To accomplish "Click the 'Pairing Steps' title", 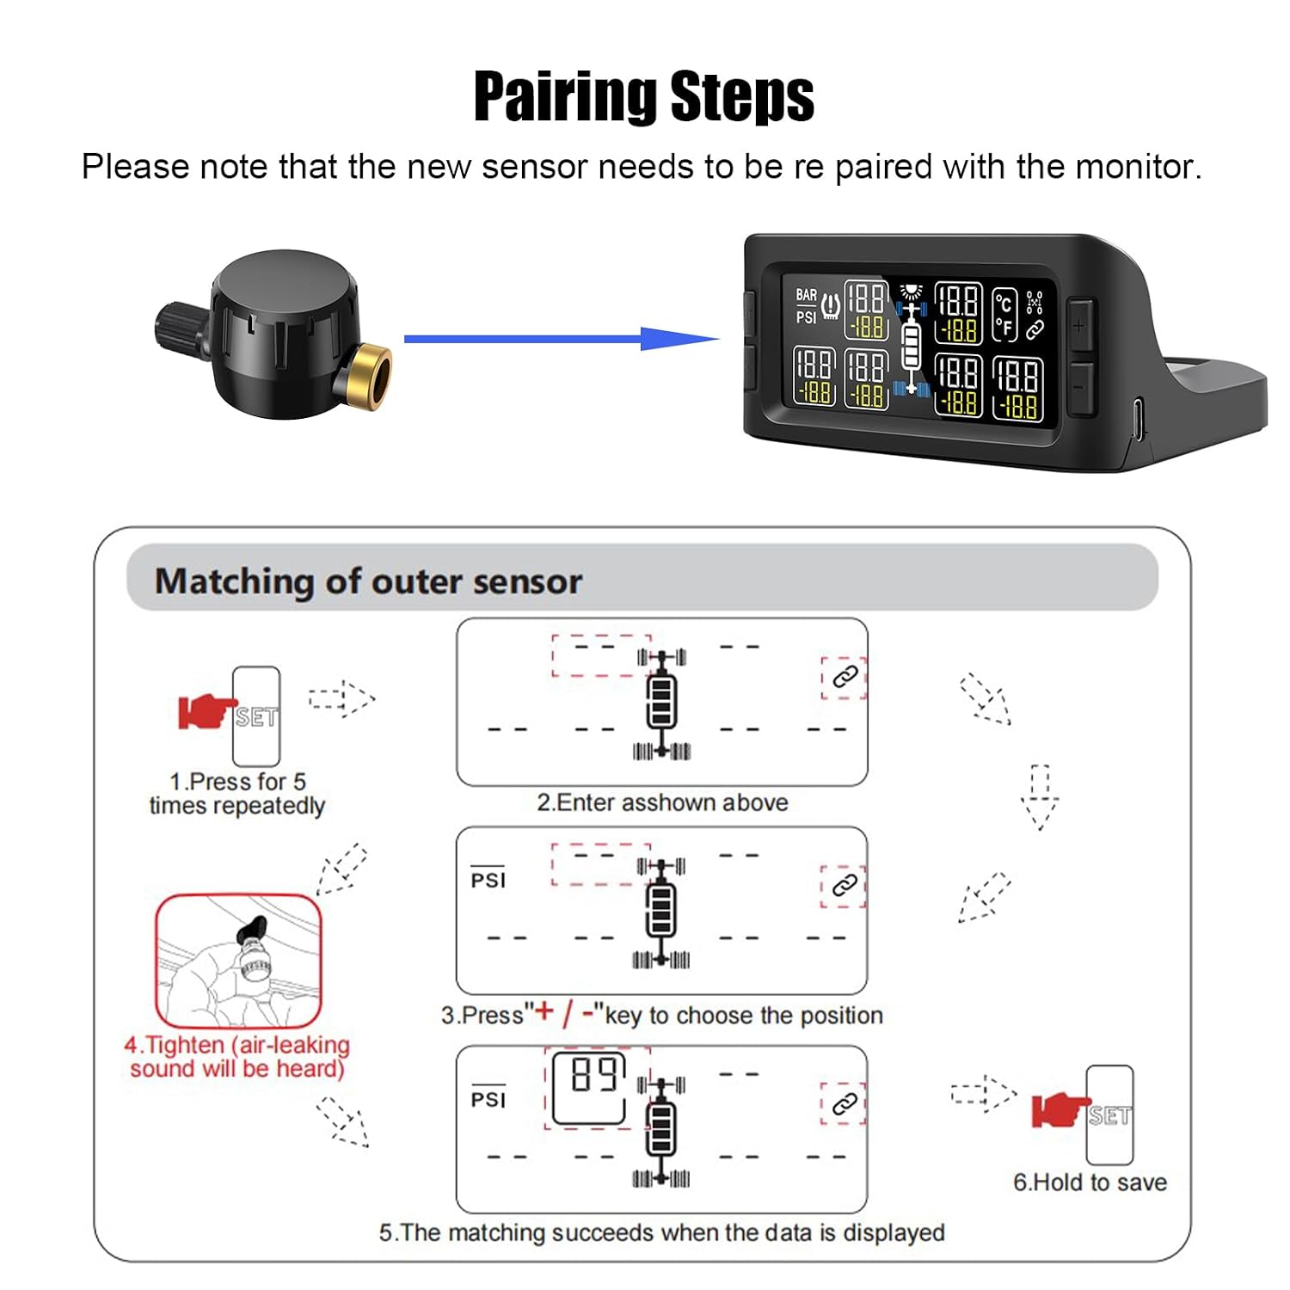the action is point(644,96).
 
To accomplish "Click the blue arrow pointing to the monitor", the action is point(562,338).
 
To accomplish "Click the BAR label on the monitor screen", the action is point(806,295).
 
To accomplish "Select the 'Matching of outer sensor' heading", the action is point(368,581).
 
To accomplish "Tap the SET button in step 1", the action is point(256,716).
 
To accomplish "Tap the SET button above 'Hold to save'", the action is point(1109,1115).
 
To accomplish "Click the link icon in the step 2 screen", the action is point(845,677).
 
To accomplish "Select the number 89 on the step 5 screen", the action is point(594,1074).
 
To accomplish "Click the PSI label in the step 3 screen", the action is point(488,880).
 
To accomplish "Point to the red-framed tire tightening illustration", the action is point(238,961).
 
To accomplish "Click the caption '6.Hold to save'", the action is point(1090,1182).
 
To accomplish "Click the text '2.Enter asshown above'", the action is point(662,802).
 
